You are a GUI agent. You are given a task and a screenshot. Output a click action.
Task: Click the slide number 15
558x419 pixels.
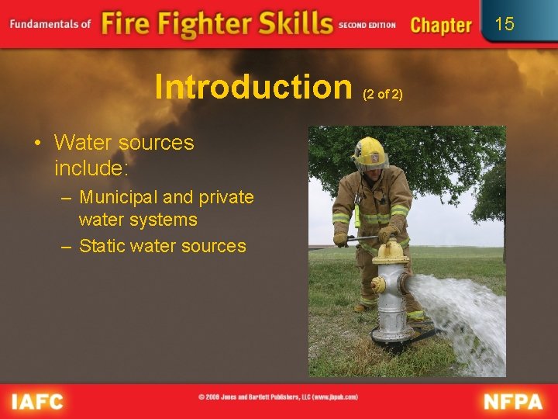click(505, 24)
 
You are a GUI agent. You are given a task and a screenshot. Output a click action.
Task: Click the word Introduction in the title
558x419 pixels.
click(253, 87)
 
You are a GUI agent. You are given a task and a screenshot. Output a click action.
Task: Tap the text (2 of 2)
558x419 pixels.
click(383, 94)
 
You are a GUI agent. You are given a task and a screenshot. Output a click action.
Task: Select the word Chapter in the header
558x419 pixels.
click(441, 26)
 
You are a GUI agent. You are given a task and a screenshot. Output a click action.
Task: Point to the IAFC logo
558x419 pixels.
click(38, 402)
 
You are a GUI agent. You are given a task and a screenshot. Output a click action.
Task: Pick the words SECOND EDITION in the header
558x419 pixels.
click(367, 26)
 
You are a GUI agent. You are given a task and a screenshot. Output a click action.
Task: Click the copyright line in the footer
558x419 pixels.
click(278, 397)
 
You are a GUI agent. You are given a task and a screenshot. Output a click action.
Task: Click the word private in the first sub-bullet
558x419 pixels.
click(226, 197)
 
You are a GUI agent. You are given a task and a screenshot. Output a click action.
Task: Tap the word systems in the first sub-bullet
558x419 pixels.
click(164, 220)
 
